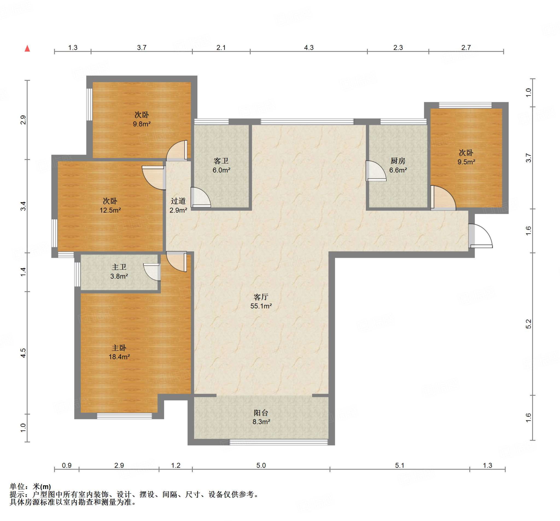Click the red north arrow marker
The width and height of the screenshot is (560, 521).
(27, 48)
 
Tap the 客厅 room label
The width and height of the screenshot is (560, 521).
(261, 297)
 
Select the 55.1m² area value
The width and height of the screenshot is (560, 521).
(261, 306)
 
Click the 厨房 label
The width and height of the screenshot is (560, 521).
(398, 161)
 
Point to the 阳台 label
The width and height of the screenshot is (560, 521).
(261, 413)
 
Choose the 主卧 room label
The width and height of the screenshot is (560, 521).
(119, 348)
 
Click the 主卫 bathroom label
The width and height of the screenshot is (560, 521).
(119, 267)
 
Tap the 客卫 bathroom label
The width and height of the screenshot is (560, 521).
(221, 161)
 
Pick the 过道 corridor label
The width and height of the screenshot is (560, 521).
(178, 201)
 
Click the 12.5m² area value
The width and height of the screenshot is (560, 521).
(110, 210)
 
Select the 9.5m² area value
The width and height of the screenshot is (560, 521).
(466, 162)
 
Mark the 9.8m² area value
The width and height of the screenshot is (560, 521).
(142, 124)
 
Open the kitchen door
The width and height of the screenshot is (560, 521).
(376, 171)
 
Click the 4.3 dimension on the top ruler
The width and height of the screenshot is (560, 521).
(309, 48)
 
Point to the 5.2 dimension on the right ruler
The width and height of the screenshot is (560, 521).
(528, 324)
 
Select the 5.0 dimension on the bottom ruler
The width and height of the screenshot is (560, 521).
(261, 465)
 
